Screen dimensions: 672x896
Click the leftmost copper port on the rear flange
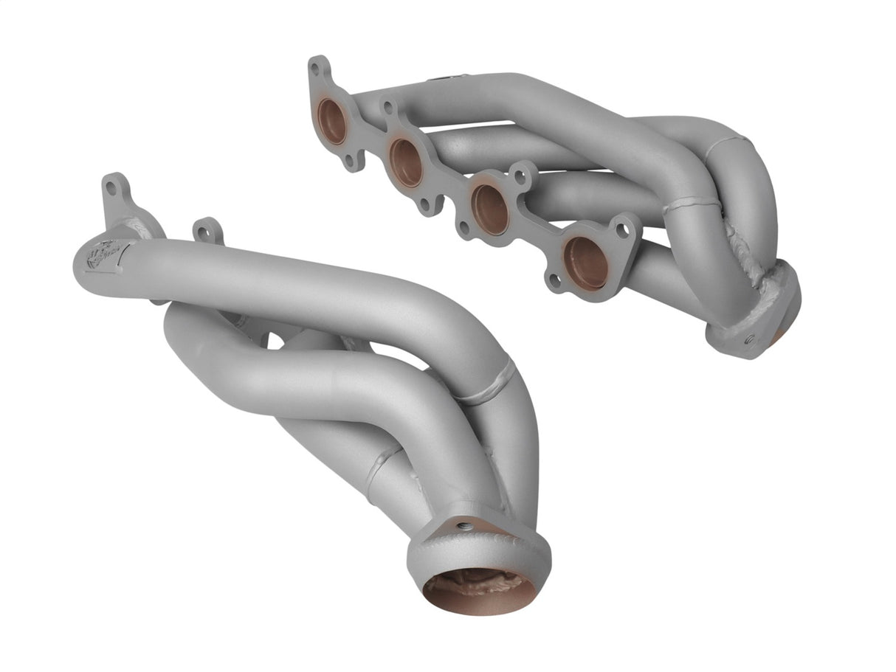coord(332,121)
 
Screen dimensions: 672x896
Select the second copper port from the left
coord(406,162)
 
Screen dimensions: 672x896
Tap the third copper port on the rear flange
coord(490,209)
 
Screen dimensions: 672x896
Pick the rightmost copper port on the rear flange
coord(585,263)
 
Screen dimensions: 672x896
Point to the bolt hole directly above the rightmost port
coord(622,229)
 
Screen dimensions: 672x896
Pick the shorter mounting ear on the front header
coord(207,231)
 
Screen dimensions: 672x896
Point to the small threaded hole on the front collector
coord(463,526)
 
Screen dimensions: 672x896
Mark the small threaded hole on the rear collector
coord(748,341)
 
